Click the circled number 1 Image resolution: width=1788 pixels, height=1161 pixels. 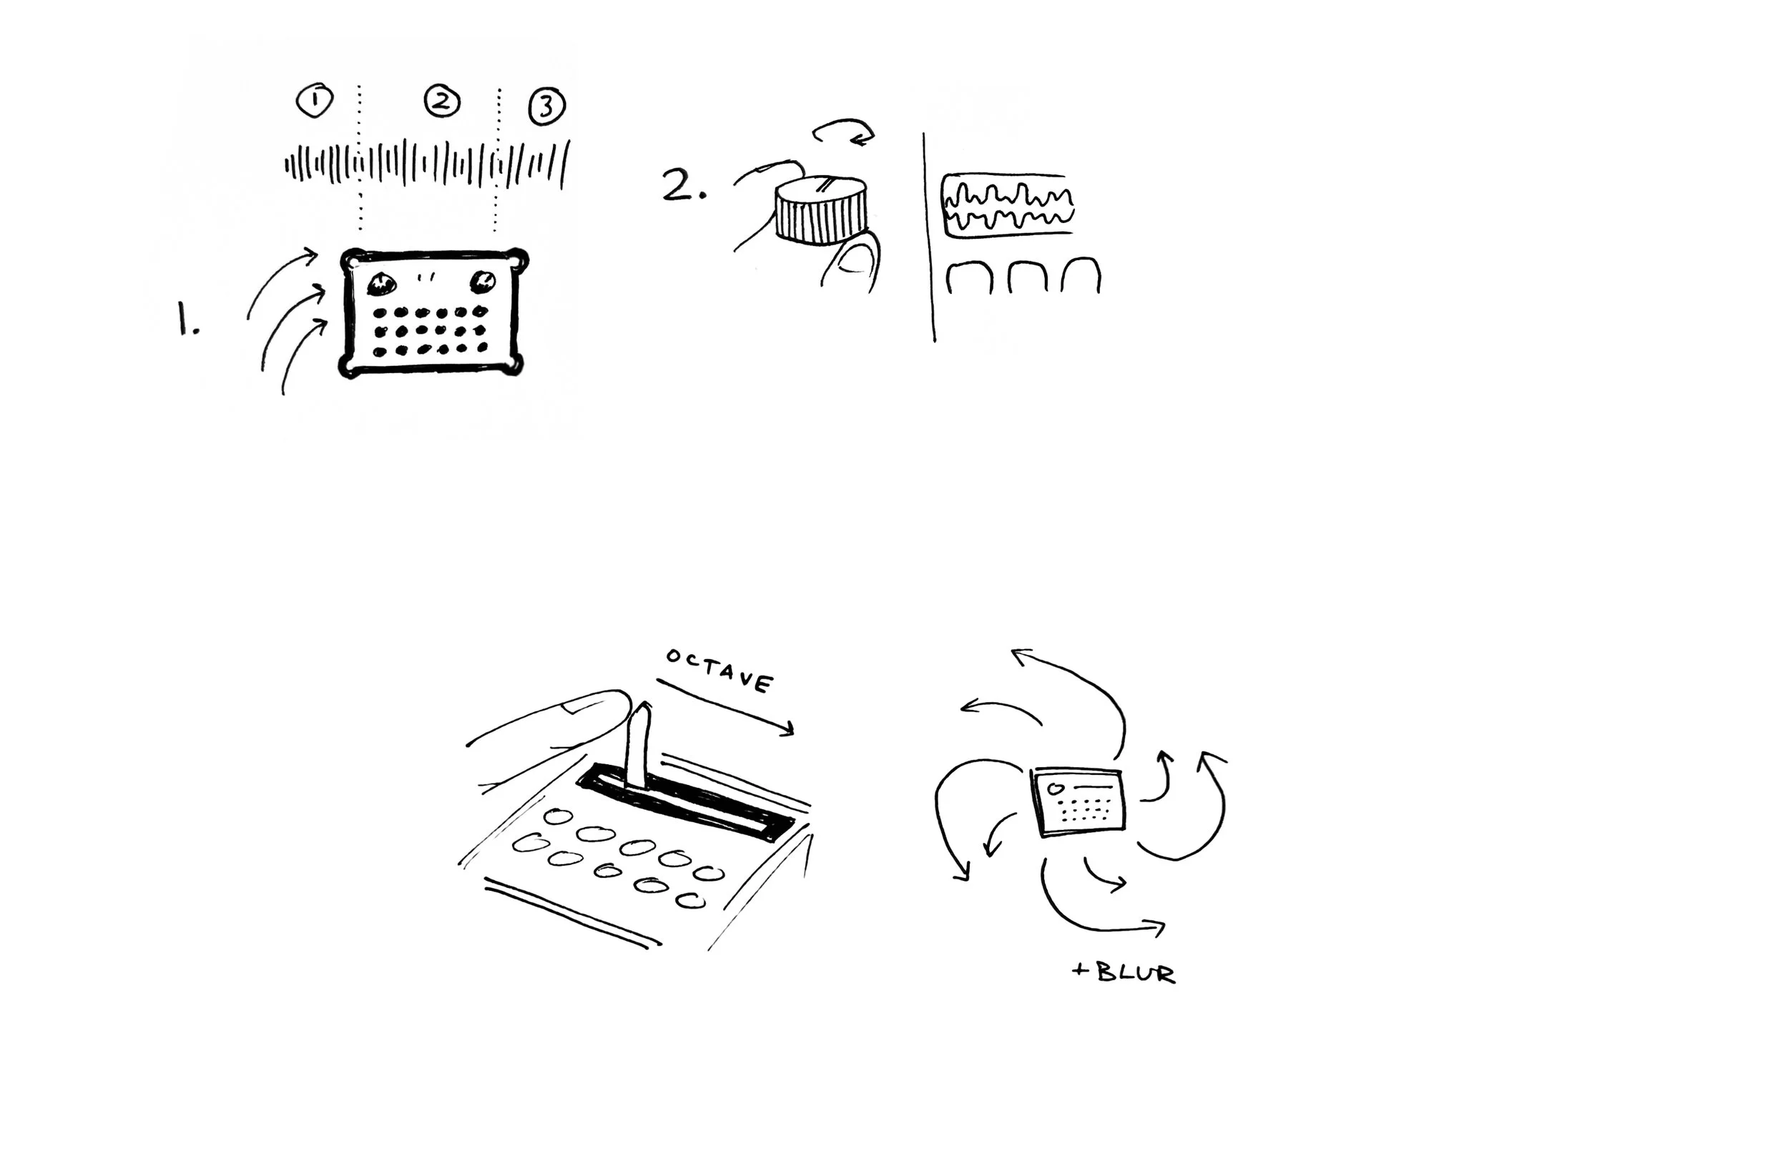314,100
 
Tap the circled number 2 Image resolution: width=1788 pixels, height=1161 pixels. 442,101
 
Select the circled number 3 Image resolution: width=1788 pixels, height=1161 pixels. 546,106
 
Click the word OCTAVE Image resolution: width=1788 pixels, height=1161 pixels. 719,670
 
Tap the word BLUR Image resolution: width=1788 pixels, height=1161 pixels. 1135,973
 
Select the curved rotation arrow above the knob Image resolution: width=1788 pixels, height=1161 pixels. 845,129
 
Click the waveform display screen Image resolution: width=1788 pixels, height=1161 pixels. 1008,206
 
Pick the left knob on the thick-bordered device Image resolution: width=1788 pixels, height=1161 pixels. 381,284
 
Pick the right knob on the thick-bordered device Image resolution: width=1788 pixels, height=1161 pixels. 482,282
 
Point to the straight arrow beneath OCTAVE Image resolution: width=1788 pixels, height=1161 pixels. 725,706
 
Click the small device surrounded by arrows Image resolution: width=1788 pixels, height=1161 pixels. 1079,801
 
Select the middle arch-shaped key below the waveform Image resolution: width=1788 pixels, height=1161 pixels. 1026,278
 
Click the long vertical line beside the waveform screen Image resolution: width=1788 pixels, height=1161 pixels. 928,237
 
